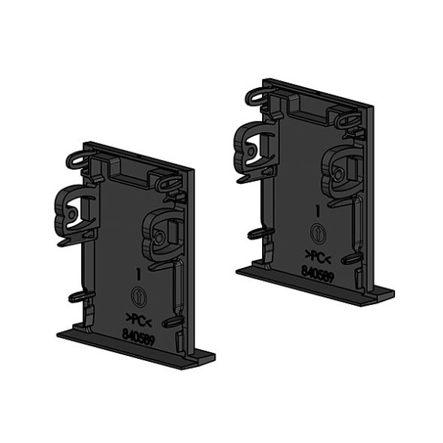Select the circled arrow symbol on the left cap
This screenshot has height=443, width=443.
coord(137,294)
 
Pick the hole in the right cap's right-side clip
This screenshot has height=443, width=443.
coord(340,173)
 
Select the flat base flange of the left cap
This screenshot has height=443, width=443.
coord(135,348)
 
